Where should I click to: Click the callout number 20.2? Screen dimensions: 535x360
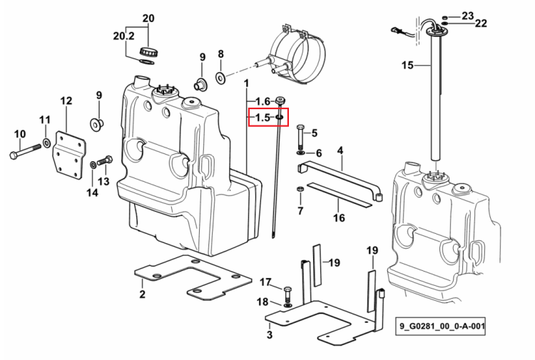click(123, 36)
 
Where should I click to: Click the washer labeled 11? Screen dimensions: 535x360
click(46, 142)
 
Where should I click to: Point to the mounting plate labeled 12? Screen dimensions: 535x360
click(68, 155)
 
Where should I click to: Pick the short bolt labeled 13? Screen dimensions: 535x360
click(105, 160)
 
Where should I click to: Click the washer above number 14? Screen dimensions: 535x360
click(93, 165)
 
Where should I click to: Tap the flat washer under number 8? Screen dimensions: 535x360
click(220, 78)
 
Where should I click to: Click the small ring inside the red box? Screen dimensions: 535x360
click(279, 118)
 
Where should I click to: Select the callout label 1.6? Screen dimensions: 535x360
click(263, 101)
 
